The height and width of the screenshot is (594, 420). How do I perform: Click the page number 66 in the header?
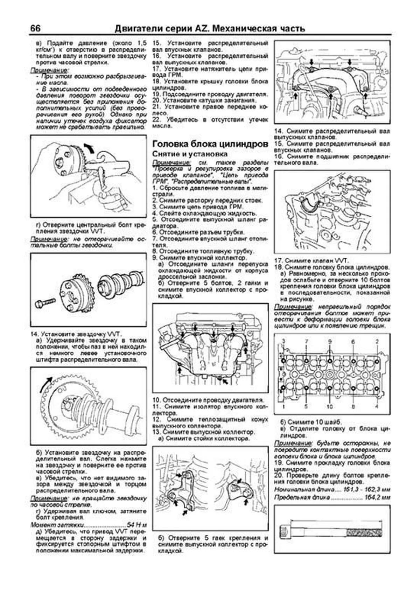click(x=35, y=28)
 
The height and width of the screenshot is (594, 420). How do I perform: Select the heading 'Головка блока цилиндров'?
click(x=210, y=144)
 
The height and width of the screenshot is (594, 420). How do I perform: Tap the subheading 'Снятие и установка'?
click(x=190, y=154)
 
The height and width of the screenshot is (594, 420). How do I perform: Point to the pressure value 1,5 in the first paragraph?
click(x=141, y=43)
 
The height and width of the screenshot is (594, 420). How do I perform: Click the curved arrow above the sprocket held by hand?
click(x=89, y=147)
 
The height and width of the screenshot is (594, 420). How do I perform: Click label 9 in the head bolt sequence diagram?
click(x=329, y=341)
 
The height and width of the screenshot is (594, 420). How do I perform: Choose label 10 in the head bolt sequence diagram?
click(x=329, y=407)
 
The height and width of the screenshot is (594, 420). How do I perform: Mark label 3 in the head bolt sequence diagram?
click(x=283, y=341)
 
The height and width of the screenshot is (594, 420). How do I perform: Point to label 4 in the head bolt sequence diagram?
click(x=377, y=407)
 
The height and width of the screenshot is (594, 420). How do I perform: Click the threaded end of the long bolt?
click(x=364, y=533)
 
